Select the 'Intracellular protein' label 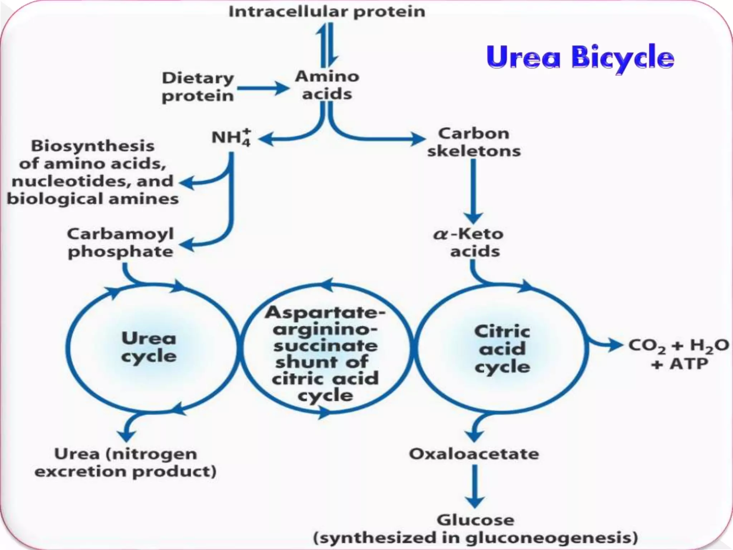[x=327, y=11]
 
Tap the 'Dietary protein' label [x=198, y=87]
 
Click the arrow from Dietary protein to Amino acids [x=263, y=88]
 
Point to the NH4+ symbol [x=231, y=137]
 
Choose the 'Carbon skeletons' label [x=474, y=142]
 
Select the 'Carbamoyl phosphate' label [x=121, y=243]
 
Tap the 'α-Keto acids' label [x=469, y=242]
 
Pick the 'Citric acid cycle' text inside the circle [x=502, y=348]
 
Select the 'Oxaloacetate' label [x=474, y=454]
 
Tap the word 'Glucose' [x=475, y=520]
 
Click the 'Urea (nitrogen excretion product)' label [x=126, y=463]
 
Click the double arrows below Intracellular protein [x=327, y=45]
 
